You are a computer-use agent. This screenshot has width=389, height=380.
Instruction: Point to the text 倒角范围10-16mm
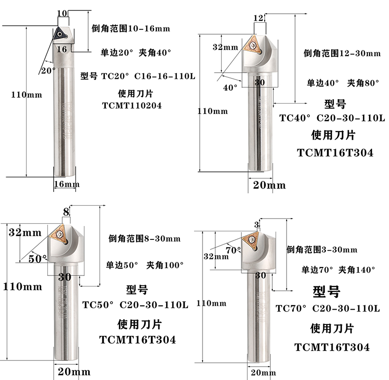[130, 28]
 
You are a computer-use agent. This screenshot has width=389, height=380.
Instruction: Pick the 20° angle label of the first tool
[48, 70]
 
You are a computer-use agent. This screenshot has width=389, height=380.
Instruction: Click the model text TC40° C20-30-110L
[332, 118]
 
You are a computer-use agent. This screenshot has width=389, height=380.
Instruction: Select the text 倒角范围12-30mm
[342, 53]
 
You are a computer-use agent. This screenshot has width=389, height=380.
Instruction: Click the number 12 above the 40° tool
[258, 18]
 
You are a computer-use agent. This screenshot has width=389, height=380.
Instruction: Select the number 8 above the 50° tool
[66, 211]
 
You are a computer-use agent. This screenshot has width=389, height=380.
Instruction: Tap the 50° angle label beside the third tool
[38, 259]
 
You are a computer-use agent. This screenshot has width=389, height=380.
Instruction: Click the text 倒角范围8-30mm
[144, 238]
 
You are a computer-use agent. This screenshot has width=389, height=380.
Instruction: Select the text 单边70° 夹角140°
[338, 270]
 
